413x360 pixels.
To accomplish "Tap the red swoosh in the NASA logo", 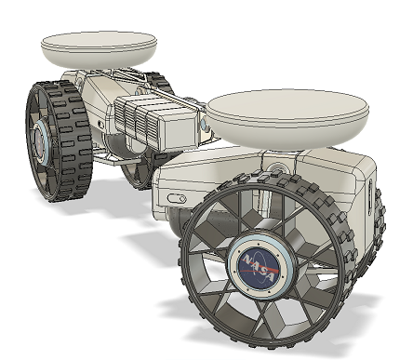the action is [x=259, y=270].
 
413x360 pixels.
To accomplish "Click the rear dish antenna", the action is [x=99, y=49].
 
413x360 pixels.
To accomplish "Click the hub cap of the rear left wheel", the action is [x=41, y=143].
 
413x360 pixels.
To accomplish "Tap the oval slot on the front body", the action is [x=177, y=198].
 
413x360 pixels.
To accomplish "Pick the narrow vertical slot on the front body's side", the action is [x=370, y=196].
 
